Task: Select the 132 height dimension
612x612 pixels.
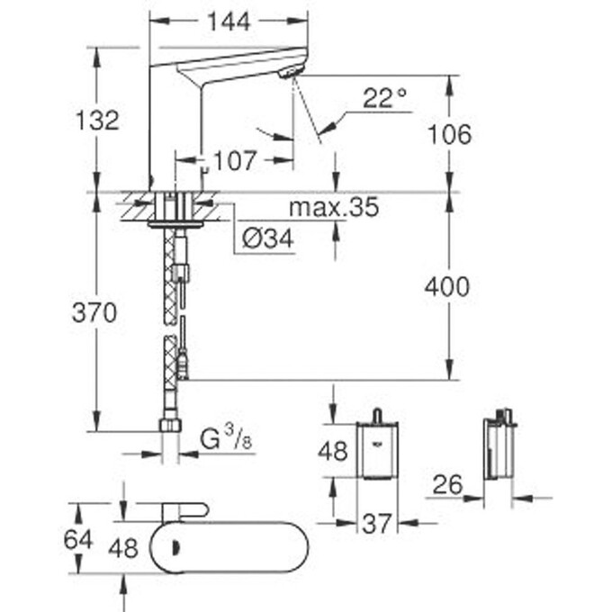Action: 97,120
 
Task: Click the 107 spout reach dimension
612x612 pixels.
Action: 237,161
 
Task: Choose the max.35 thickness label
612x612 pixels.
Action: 333,209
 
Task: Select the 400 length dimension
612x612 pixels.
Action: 447,287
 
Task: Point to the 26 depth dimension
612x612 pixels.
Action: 447,485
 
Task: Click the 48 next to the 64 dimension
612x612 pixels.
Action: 123,547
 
